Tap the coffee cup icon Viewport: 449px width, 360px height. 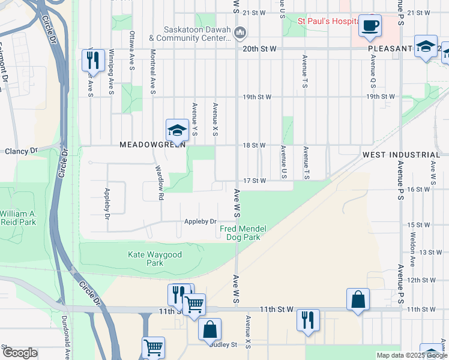[370, 26]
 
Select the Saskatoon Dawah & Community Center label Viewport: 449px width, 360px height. [191, 34]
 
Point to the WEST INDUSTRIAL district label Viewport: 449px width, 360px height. [401, 155]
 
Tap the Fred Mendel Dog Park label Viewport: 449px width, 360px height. [243, 233]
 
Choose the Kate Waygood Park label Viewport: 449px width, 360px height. [146, 259]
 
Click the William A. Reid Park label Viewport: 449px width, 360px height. [18, 218]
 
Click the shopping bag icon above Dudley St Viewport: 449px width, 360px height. [209, 329]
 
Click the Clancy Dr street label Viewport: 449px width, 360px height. [21, 151]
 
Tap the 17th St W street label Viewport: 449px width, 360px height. [254, 181]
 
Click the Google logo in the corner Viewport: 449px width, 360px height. [20, 353]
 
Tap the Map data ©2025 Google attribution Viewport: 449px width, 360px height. [411, 355]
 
